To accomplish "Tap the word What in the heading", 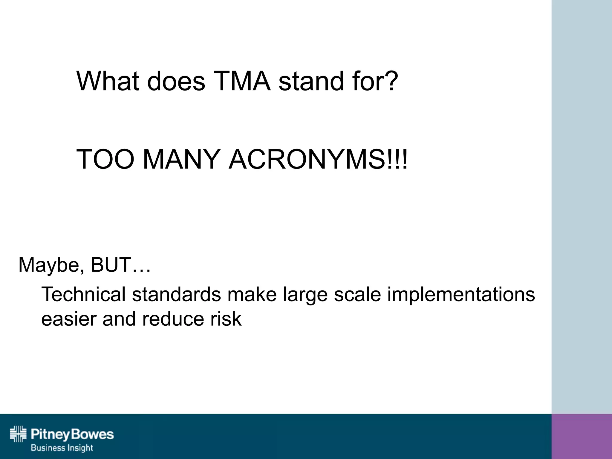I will pos(108,81).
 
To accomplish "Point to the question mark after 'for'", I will pos(390,81).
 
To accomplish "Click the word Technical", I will pos(83,294).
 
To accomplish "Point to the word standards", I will pos(177,294).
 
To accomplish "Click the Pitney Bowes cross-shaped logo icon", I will pos(19,434).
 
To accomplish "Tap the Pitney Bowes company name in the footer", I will pos(72,434).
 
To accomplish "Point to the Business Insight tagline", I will pos(62,448).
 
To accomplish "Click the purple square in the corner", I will pos(582,436).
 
